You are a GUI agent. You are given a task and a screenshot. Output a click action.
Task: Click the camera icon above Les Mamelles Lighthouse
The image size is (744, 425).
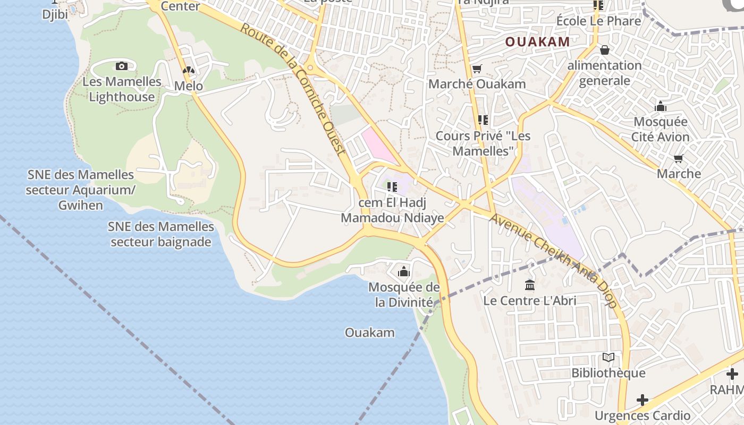coord(122,66)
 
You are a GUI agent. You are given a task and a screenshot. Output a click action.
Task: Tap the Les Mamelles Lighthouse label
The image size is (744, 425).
coord(122,89)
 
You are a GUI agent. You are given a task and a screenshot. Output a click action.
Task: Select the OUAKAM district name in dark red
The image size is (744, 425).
coord(537,41)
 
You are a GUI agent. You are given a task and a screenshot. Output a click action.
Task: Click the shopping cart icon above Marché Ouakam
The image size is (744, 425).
coord(477,69)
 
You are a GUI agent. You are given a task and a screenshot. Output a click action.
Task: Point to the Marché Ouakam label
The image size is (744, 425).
coord(477,84)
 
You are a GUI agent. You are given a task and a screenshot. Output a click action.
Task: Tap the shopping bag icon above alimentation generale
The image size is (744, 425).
coord(604,50)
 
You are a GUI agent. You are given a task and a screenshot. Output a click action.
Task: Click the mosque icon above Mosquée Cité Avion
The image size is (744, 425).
coord(661,107)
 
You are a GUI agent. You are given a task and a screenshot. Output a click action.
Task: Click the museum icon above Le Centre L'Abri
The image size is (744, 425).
coord(529,285)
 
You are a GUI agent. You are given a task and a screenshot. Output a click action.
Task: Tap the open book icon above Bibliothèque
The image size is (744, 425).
coord(608,358)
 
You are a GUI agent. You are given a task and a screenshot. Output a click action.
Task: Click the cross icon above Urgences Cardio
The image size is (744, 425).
coord(642,399)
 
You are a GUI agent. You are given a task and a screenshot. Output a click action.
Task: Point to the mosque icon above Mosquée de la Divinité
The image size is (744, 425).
coord(404,272)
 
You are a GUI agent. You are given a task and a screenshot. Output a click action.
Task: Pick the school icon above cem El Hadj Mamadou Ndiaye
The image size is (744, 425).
coord(392,187)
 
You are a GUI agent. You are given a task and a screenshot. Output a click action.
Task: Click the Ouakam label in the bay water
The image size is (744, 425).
coord(370,333)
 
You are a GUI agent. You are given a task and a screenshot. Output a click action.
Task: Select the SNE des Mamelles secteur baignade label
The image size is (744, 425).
coord(161,234)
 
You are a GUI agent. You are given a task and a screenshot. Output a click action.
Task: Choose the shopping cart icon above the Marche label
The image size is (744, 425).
coord(678,158)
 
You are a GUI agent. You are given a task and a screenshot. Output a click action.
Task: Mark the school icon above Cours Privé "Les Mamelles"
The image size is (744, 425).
coord(483,120)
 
